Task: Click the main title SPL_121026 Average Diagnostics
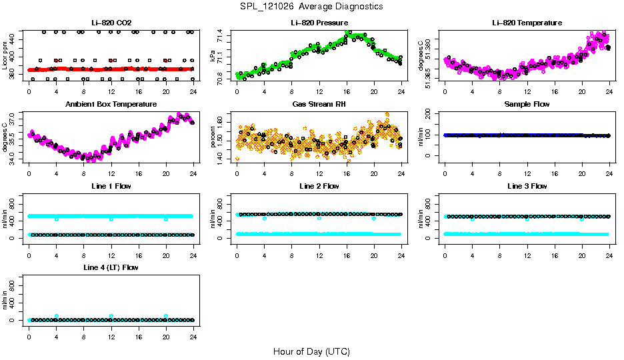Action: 311,6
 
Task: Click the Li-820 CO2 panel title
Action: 111,23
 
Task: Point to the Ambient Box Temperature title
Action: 111,105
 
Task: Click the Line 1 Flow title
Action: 111,186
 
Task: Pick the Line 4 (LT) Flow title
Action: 111,267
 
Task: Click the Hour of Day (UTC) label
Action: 311,351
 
